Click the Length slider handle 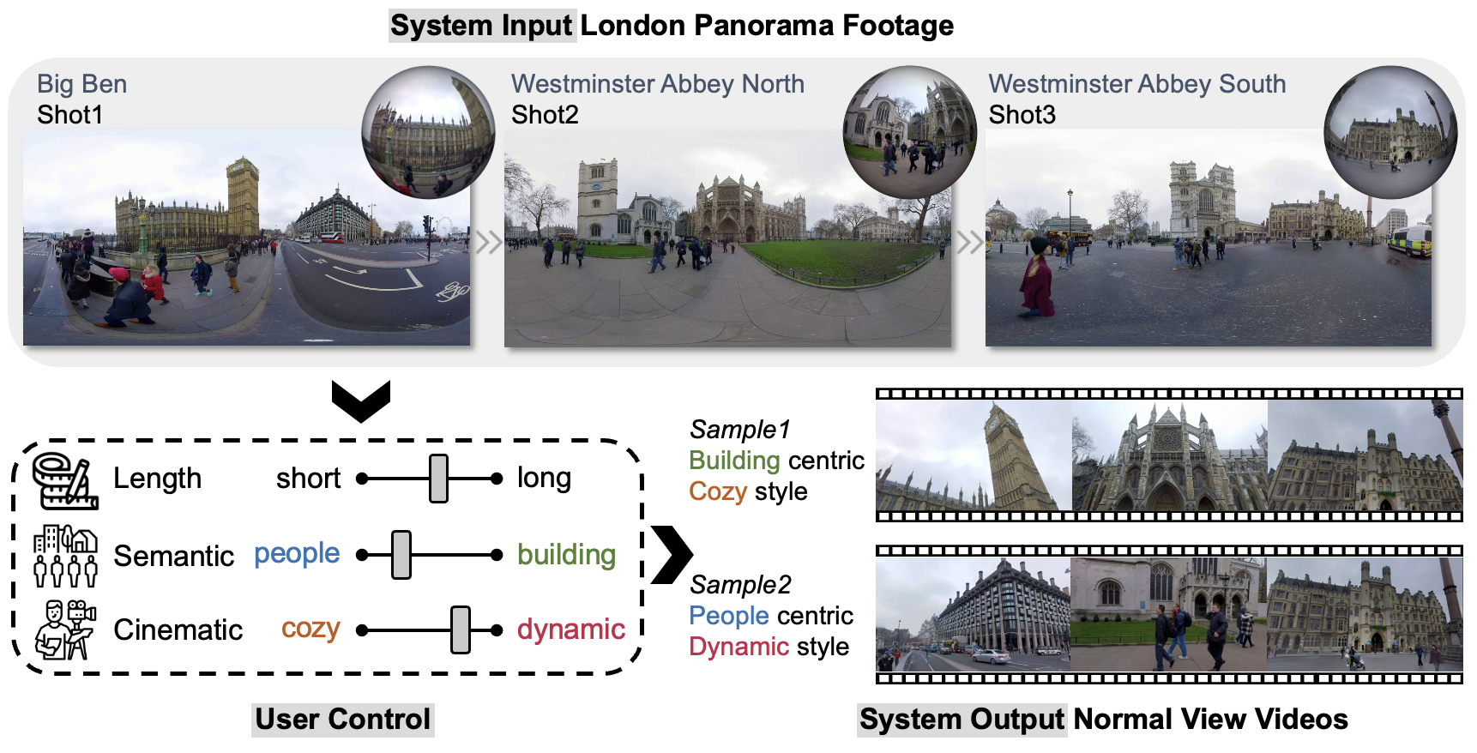coord(438,479)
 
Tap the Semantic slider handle coord(401,555)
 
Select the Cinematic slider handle coord(461,630)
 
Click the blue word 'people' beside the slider coord(297,554)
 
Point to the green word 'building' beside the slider coord(566,555)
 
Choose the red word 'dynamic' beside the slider coord(570,630)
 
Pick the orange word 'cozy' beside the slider coord(310,629)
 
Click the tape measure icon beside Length coord(63,480)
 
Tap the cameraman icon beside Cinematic coord(64,630)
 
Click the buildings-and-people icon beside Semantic coord(65,556)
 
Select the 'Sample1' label coord(739,430)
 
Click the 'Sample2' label coord(740,585)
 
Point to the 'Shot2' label coord(545,115)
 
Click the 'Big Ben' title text coord(81,84)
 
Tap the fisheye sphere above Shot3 coord(1390,132)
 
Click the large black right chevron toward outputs coord(672,554)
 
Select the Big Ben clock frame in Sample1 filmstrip coord(974,455)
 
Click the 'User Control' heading coord(343,720)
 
